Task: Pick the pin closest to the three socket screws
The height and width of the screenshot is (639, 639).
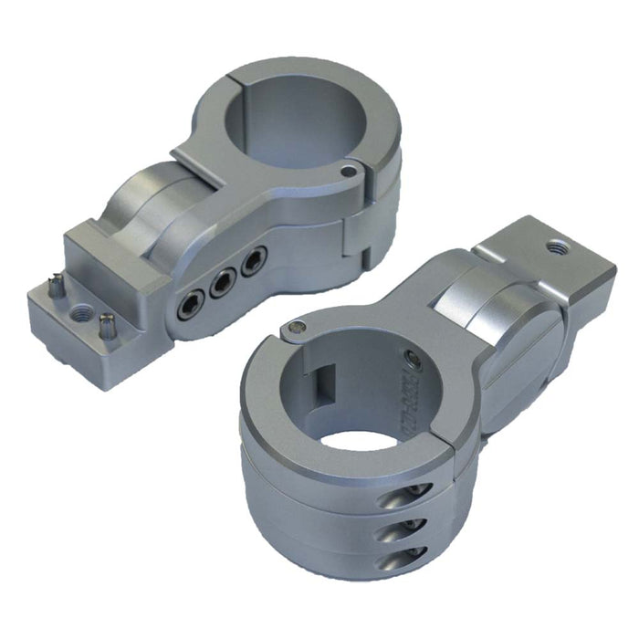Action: (x=108, y=323)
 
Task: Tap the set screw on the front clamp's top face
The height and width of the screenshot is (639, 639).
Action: (x=295, y=327)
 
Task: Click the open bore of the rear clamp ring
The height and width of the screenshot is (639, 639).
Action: (x=290, y=115)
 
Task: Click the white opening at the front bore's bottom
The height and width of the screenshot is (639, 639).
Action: (x=358, y=438)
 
